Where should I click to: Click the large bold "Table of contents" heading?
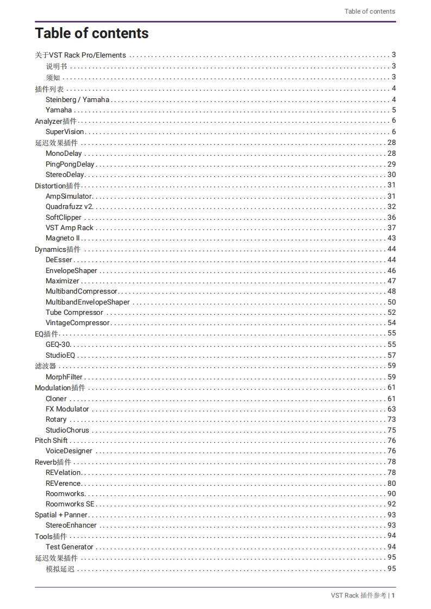(91, 33)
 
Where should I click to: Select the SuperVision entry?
(65, 132)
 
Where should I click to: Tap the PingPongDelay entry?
(70, 164)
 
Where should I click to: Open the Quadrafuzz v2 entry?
(69, 207)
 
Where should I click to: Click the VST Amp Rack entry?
(69, 228)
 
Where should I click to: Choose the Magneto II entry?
(63, 238)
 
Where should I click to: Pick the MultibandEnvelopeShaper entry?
(88, 302)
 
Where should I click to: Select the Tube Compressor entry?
(74, 313)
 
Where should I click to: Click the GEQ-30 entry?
(58, 345)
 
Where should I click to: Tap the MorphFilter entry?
(64, 377)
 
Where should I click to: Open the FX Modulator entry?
(67, 409)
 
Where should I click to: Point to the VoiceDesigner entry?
(69, 451)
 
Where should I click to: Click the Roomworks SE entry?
(70, 504)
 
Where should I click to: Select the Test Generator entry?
(69, 547)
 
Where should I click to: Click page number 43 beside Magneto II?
(391, 238)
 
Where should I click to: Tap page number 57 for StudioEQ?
(391, 356)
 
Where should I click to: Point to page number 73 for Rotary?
(391, 420)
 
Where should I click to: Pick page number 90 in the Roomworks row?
(391, 494)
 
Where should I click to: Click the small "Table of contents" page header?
(370, 11)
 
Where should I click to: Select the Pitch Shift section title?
(51, 441)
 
